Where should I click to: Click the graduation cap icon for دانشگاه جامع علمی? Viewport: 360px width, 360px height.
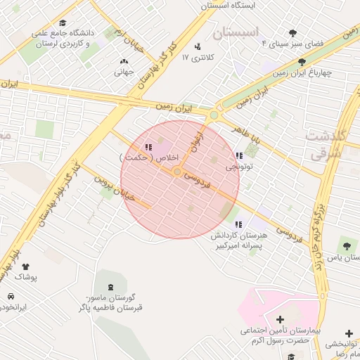click(65, 22)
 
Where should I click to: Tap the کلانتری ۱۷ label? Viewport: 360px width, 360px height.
click(195, 57)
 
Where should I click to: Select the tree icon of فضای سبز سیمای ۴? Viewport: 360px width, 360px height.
click(293, 32)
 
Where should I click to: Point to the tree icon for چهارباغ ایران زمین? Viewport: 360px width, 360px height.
click(302, 63)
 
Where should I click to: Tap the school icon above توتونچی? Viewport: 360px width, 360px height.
click(239, 156)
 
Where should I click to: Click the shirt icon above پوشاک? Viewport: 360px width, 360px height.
click(26, 266)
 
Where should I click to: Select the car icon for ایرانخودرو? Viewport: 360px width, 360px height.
click(11, 296)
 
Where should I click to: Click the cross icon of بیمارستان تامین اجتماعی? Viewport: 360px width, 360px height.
click(280, 320)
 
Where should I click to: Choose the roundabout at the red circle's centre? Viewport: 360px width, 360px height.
click(179, 172)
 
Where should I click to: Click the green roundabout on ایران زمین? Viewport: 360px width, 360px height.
click(214, 115)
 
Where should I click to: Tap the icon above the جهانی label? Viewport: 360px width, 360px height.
click(124, 61)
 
